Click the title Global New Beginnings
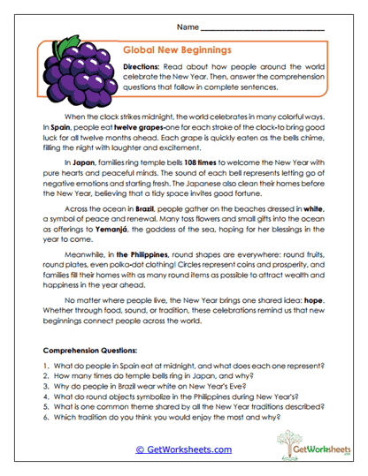point(177,52)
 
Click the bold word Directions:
point(146,67)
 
